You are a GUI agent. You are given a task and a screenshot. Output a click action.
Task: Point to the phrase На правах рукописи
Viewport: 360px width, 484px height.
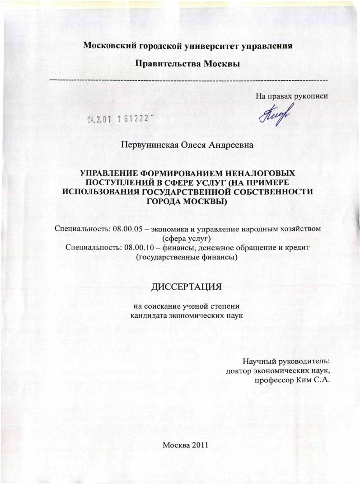(291, 95)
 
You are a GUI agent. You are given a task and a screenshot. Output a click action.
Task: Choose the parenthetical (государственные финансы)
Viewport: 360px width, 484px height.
(187, 257)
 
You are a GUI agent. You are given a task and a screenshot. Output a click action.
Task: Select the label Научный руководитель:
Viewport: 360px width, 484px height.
(286, 362)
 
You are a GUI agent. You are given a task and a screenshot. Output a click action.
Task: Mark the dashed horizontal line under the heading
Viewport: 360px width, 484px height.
(187, 80)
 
